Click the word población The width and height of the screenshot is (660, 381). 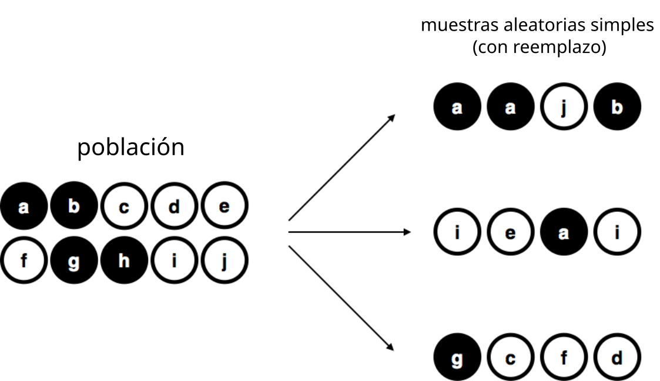pyautogui.click(x=130, y=148)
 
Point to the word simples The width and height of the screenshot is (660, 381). pyautogui.click(x=622, y=26)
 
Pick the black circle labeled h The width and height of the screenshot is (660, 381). pyautogui.click(x=124, y=260)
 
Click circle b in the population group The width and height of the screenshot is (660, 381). pyautogui.click(x=74, y=205)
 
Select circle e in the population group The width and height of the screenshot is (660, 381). pyautogui.click(x=225, y=205)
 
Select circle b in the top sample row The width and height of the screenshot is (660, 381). pyautogui.click(x=617, y=106)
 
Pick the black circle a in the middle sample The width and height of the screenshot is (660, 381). pyautogui.click(x=564, y=232)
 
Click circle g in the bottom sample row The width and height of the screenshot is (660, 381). pyautogui.click(x=457, y=357)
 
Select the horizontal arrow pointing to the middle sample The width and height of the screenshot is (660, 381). pyautogui.click(x=349, y=232)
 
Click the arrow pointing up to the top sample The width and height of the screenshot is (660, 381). pyautogui.click(x=342, y=167)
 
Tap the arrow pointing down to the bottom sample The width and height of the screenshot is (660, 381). pyautogui.click(x=341, y=298)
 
